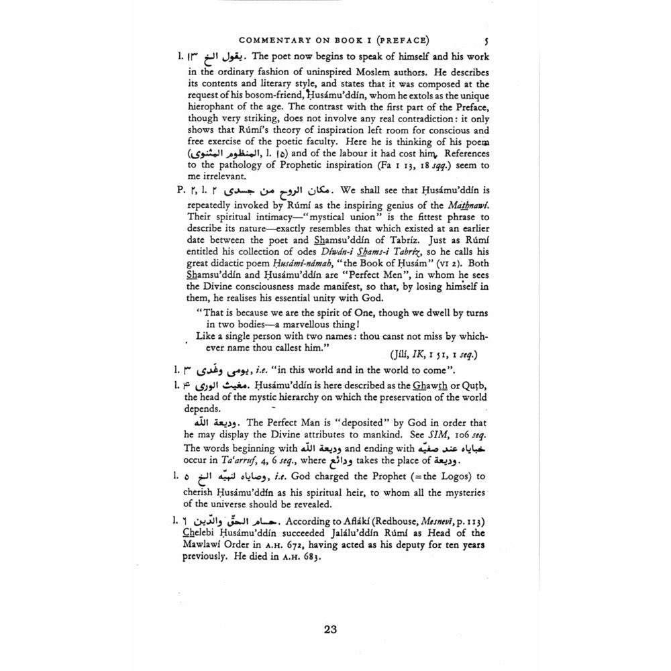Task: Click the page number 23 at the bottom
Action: tap(329, 629)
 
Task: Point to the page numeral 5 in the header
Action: tap(485, 39)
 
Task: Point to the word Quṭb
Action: tap(474, 386)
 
